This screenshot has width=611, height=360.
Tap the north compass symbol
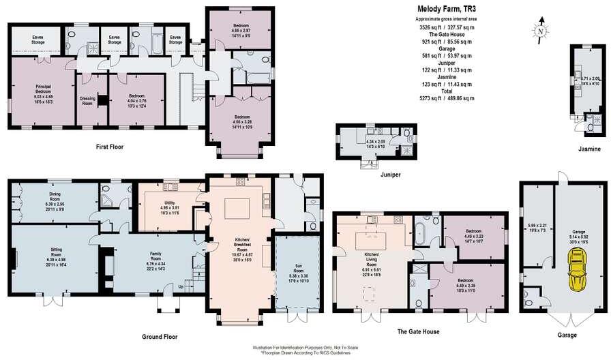pyautogui.click(x=540, y=30)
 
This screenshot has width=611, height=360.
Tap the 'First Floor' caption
pyautogui.click(x=109, y=146)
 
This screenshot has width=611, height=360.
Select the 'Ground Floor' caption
pyautogui.click(x=160, y=336)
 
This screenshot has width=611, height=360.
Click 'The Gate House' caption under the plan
pyautogui.click(x=417, y=331)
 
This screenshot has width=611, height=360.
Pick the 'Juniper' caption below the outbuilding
pyautogui.click(x=371, y=175)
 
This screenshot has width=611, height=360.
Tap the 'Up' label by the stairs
pyautogui.click(x=181, y=287)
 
